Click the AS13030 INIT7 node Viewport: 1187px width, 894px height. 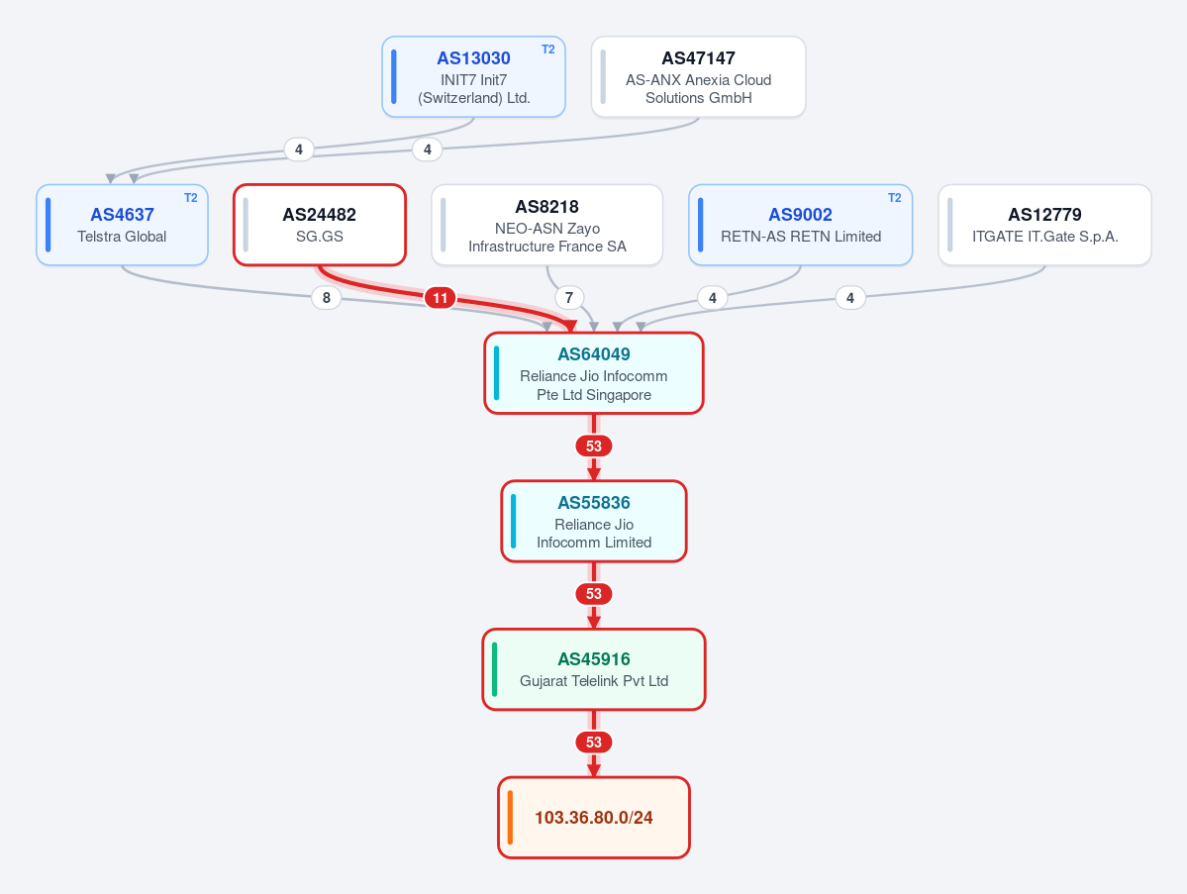[x=474, y=76]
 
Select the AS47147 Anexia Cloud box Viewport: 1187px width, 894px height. [x=698, y=76]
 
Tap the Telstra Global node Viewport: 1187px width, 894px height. [x=122, y=225]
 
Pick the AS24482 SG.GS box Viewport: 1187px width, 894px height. [x=320, y=225]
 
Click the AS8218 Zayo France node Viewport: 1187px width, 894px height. [x=547, y=225]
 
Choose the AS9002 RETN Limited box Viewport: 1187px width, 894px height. [x=800, y=225]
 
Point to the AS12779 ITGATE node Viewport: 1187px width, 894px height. [x=1044, y=225]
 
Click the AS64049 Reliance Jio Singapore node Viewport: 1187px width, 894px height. [x=594, y=373]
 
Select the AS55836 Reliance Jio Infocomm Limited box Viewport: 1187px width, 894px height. [x=594, y=522]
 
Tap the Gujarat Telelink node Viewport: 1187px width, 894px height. [x=594, y=669]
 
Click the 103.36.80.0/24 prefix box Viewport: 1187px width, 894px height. [x=594, y=818]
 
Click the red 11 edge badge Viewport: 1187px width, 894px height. [x=440, y=297]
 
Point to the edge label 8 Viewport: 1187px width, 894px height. [x=327, y=297]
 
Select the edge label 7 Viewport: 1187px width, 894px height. [x=569, y=297]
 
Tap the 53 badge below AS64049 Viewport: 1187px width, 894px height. [x=594, y=446]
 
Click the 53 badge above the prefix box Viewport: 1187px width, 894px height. [x=594, y=742]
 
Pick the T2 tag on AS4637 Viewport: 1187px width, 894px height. [x=191, y=198]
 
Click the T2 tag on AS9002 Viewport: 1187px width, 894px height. [x=895, y=198]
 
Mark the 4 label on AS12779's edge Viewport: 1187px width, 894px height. [x=850, y=297]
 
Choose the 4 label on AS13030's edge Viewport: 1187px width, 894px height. [x=299, y=149]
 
